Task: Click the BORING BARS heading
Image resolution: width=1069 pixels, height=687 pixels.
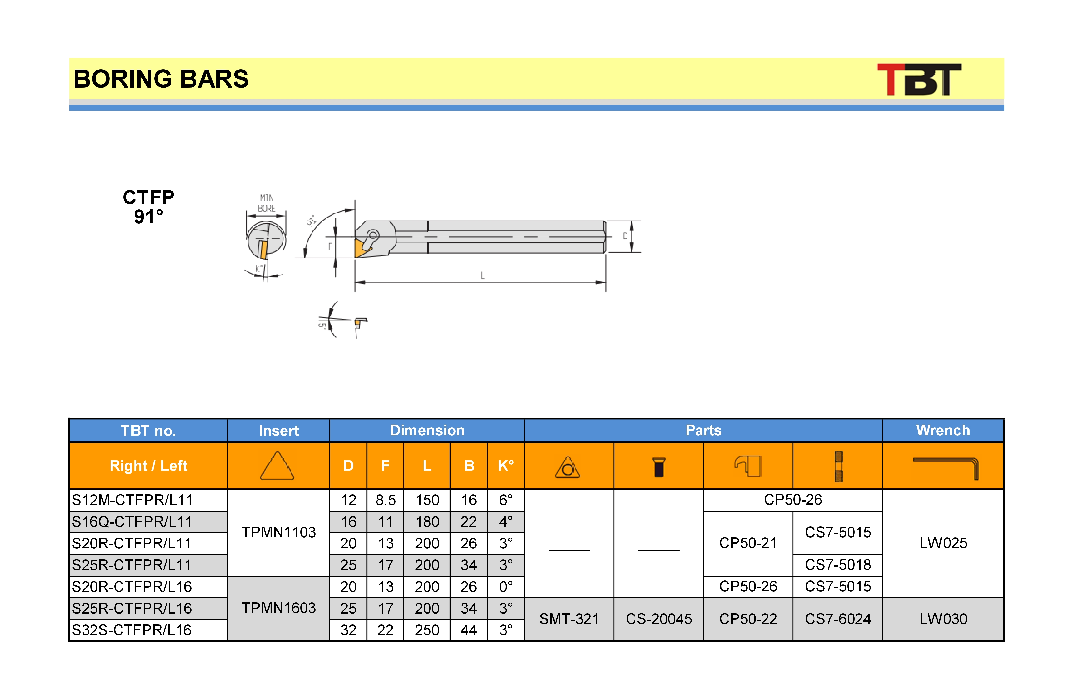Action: coord(161,79)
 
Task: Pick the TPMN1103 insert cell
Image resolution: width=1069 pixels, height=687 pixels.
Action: coord(279,532)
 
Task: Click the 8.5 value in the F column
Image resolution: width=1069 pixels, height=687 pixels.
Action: coord(385,500)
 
